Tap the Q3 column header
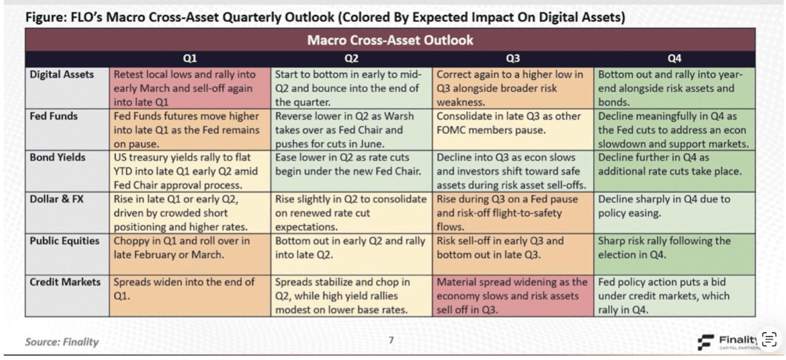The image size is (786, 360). coord(513,58)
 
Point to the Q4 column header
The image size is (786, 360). coord(674,58)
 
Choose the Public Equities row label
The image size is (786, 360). coord(66,241)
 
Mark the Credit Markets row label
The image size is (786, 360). coord(66,282)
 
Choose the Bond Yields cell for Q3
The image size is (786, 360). coord(513,171)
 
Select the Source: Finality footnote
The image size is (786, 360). coord(61,342)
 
